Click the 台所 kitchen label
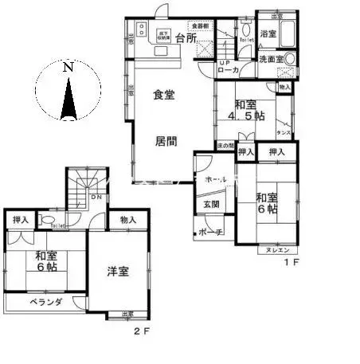click(x=186, y=40)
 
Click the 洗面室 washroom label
click(x=272, y=60)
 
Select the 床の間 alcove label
click(x=225, y=145)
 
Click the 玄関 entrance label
click(x=212, y=204)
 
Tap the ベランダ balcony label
click(x=36, y=303)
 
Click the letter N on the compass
click(x=68, y=68)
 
